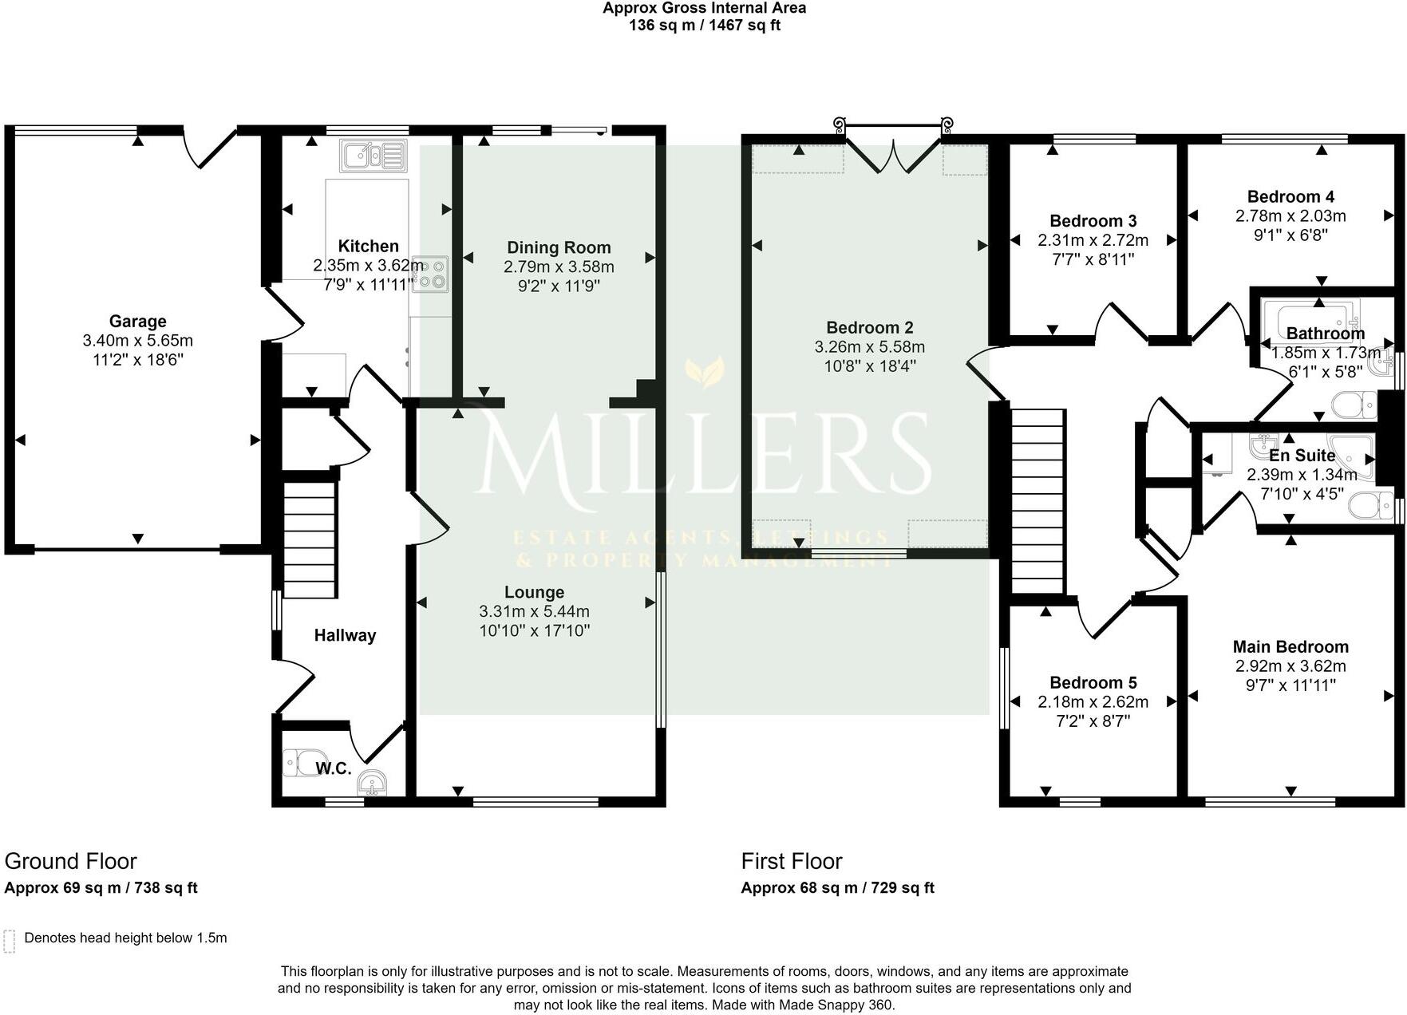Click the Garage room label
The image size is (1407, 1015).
(137, 322)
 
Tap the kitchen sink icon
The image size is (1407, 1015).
(373, 156)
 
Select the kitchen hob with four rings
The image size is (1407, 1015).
(431, 274)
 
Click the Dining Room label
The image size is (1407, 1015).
(559, 247)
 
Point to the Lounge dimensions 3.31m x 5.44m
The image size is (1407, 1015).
(534, 611)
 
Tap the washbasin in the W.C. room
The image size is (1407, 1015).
(373, 783)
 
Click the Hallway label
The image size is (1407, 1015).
(344, 635)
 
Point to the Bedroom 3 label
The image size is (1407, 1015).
(1093, 221)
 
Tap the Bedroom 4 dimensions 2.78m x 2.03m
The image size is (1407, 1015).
(1290, 215)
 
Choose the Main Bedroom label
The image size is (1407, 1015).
(1290, 646)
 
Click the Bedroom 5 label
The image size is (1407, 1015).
(1093, 682)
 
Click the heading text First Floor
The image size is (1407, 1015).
(791, 861)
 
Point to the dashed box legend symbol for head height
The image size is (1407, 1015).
(10, 941)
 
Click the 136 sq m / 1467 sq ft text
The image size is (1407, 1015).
(704, 26)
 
